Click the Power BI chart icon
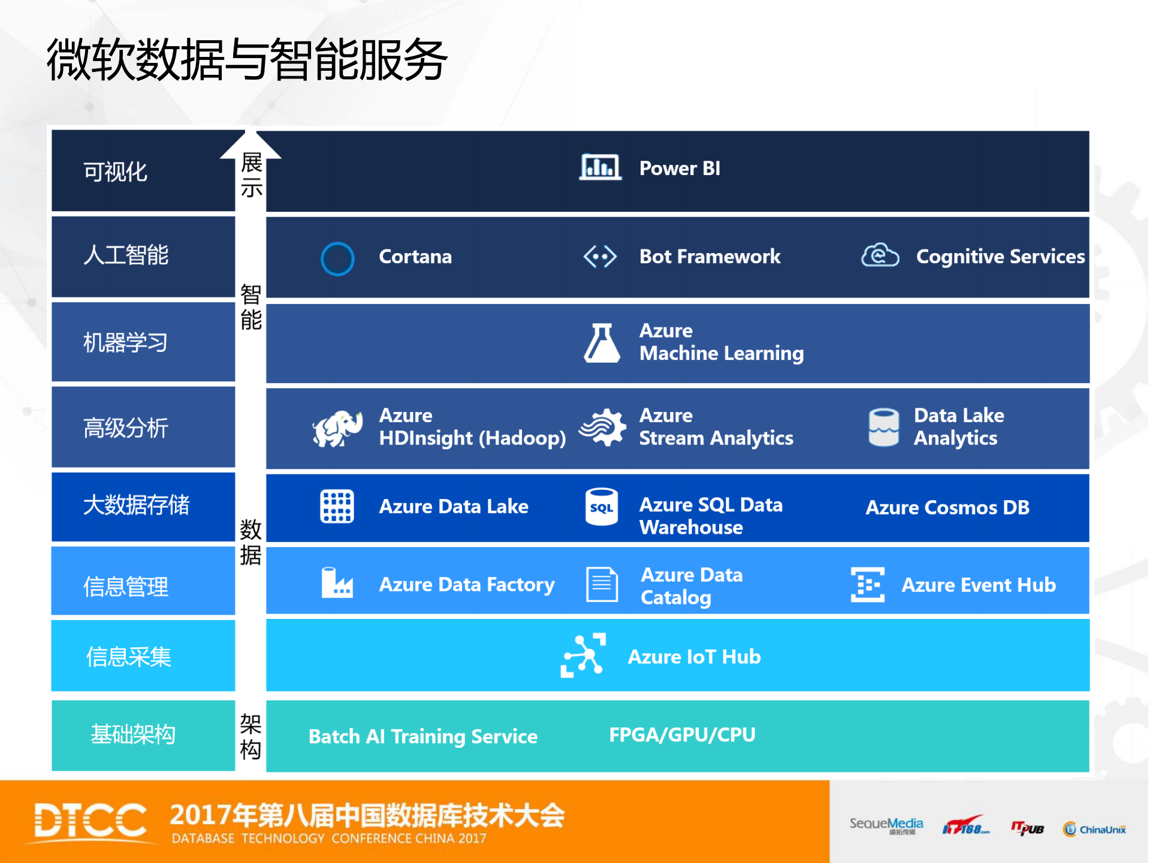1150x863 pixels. pos(599,167)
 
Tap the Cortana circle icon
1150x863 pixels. pos(337,258)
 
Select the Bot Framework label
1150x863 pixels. pos(710,257)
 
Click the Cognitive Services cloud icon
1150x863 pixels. pos(880,255)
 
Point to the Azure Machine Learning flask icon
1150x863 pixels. pos(601,343)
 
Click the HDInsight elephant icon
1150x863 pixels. pos(337,428)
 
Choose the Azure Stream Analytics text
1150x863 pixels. pos(716,427)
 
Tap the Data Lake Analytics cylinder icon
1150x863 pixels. pos(883,427)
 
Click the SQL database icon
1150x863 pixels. pos(601,507)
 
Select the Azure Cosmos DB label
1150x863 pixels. pos(947,507)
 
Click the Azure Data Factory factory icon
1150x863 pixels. pos(337,583)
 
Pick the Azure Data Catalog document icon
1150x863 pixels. pos(602,584)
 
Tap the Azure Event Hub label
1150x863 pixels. pos(978,585)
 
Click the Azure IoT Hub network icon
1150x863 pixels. pos(582,655)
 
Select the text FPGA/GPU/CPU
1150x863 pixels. pos(682,735)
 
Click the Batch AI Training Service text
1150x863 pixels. pos(422,736)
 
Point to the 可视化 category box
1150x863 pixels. pos(143,171)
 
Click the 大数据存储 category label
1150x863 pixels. pos(136,505)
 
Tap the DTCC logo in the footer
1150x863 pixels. pos(90,820)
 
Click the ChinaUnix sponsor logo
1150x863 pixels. pos(1094,829)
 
